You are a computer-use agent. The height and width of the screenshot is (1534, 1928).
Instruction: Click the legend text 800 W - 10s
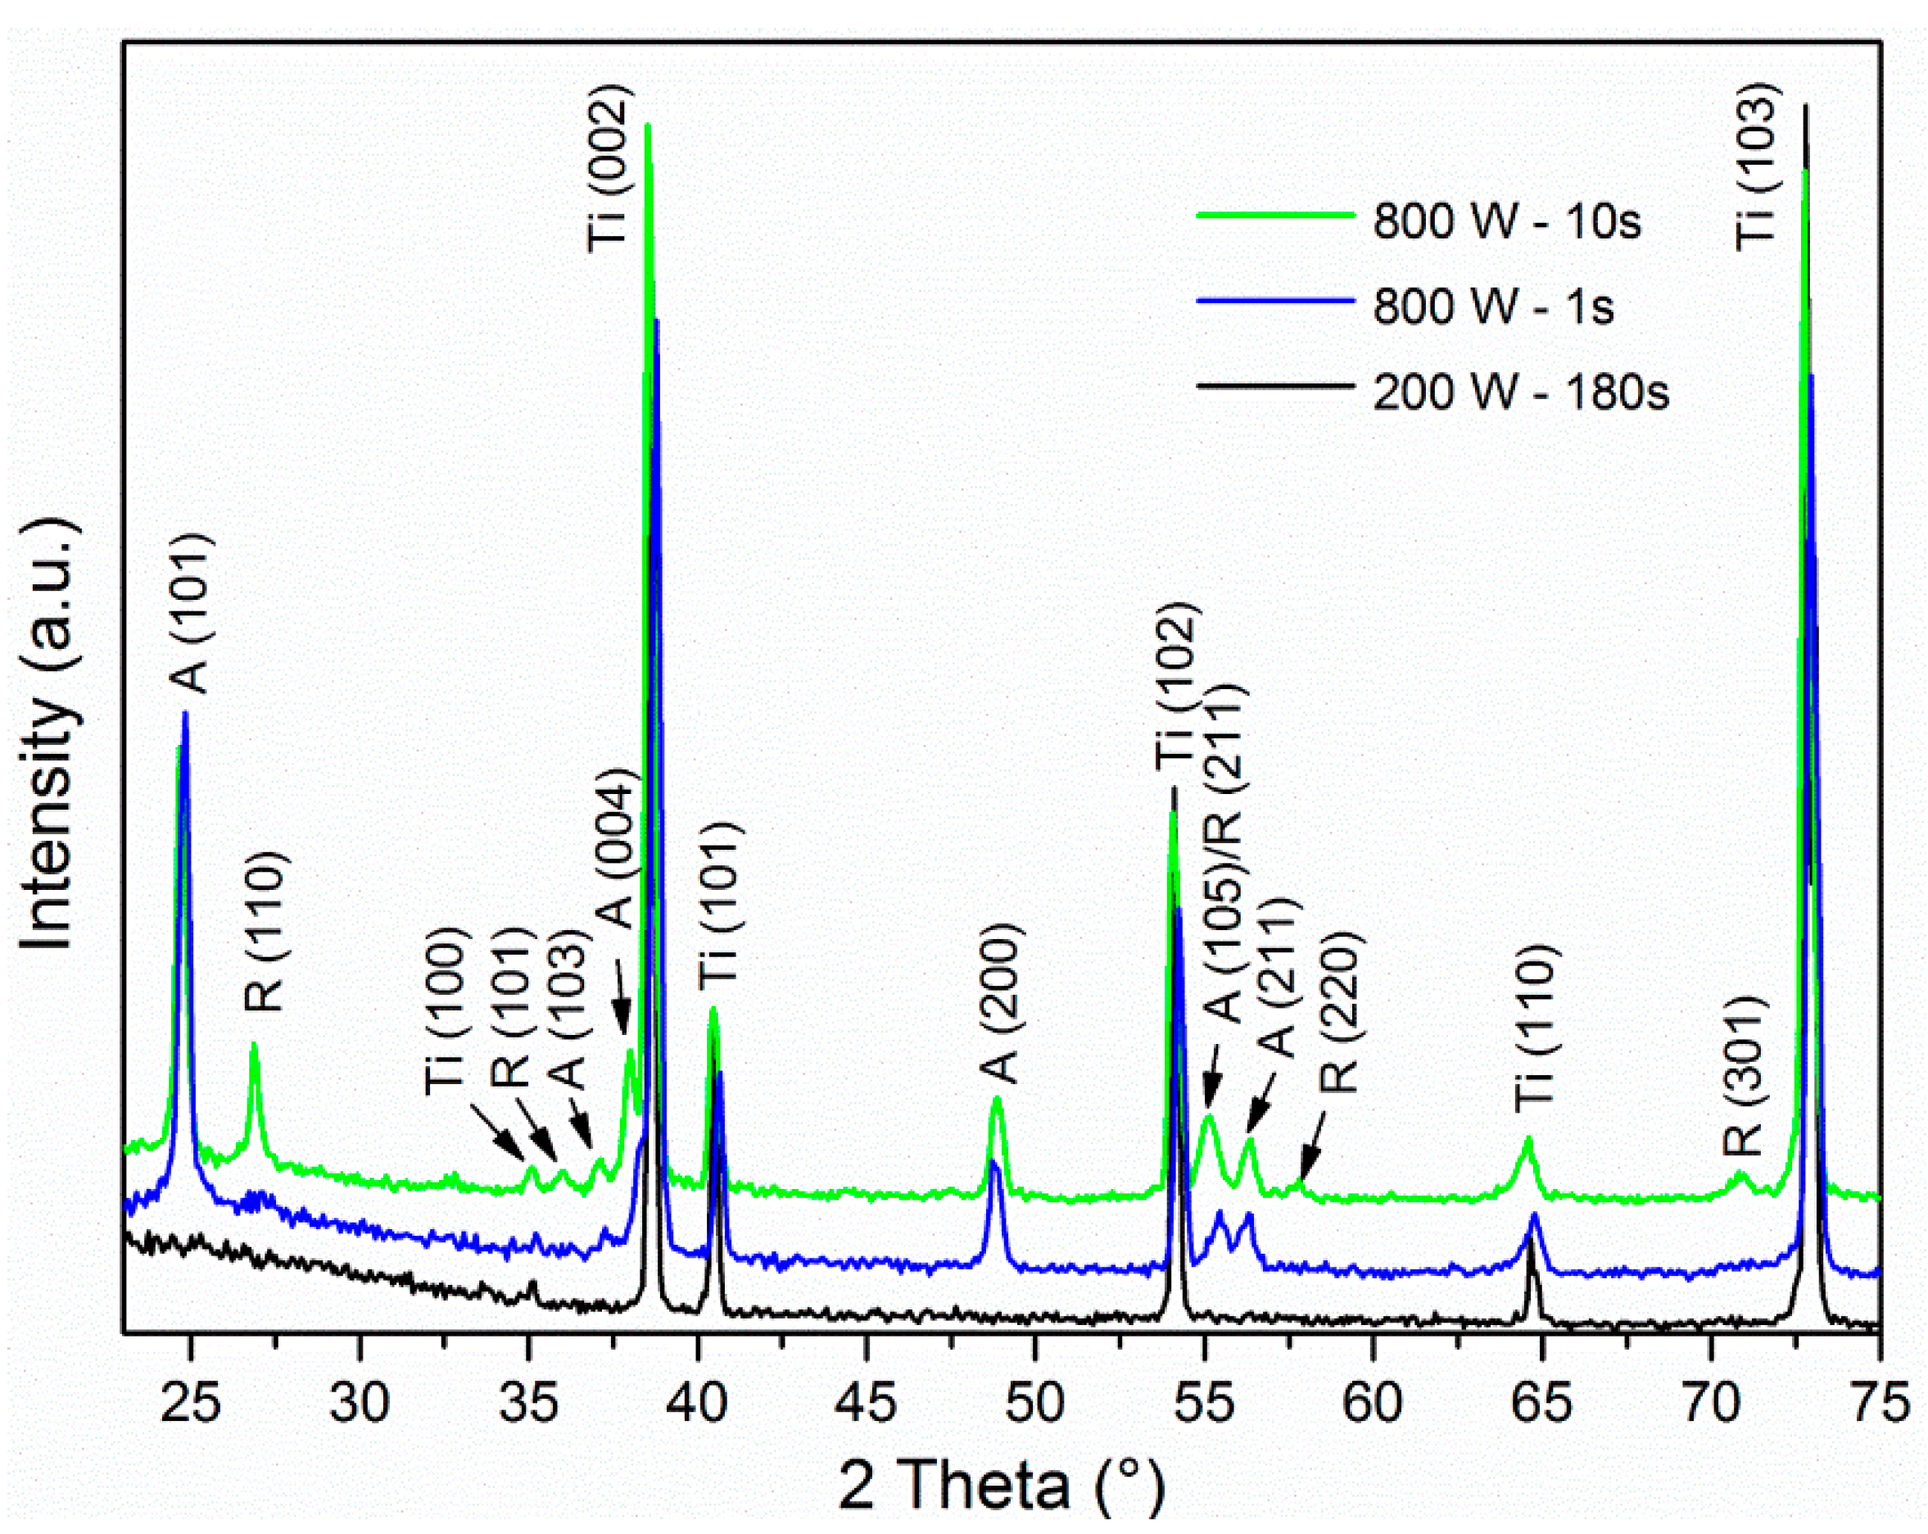tap(1507, 220)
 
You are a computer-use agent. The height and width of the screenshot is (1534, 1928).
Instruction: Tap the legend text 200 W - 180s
tap(1520, 392)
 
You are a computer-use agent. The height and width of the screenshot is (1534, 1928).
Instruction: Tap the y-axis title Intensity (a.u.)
tap(49, 733)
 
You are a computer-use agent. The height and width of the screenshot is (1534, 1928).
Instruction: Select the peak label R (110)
tap(265, 930)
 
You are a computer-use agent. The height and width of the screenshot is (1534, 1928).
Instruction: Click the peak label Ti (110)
tap(1536, 1028)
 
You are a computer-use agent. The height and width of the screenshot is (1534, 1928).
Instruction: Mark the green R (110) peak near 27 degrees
tap(254, 1046)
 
